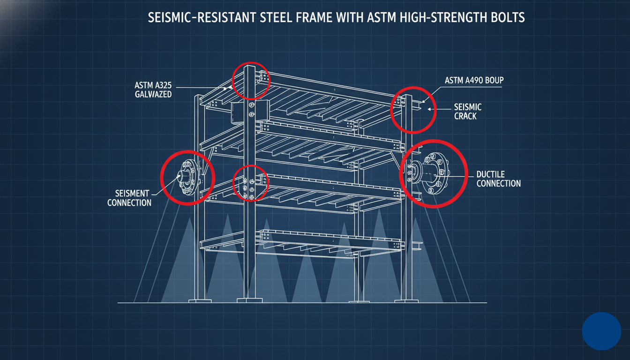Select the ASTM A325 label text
pos(153,85)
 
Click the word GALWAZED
pos(153,94)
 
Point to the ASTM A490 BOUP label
pos(474,80)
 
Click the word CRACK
pos(465,116)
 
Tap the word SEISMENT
pos(132,193)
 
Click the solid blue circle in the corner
pos(601,331)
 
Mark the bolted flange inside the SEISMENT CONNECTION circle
pos(187,177)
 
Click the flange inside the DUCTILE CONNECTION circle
pos(434,173)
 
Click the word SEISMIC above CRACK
pos(468,107)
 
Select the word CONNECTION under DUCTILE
pos(499,183)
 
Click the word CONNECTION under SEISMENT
pos(129,202)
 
